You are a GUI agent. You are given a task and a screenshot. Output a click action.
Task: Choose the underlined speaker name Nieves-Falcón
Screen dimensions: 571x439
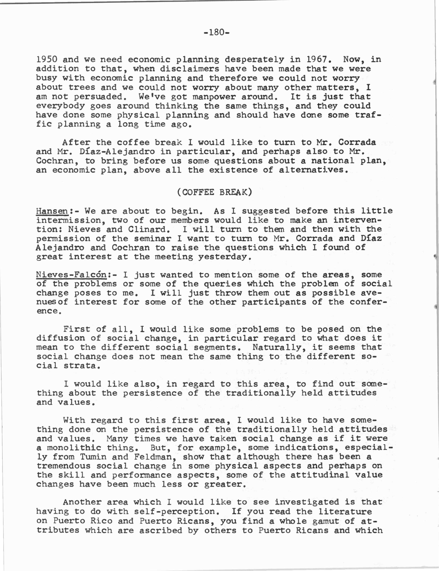(71, 275)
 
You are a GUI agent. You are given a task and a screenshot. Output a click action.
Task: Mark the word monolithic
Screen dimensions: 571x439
(74, 448)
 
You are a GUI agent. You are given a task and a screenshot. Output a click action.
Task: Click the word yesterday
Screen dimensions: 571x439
(225, 257)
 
